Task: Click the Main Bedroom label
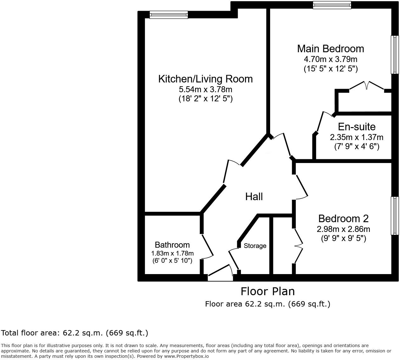pyautogui.click(x=331, y=49)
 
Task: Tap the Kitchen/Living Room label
pyautogui.click(x=205, y=79)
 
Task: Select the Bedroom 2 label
pyautogui.click(x=343, y=218)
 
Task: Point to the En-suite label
pyautogui.click(x=357, y=127)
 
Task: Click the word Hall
pyautogui.click(x=254, y=197)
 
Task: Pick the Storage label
pyautogui.click(x=255, y=246)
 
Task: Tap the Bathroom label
pyautogui.click(x=172, y=245)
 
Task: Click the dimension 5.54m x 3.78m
pyautogui.click(x=205, y=89)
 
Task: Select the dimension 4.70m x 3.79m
pyautogui.click(x=331, y=59)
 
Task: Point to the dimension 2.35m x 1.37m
pyautogui.click(x=357, y=137)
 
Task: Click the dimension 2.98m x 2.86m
pyautogui.click(x=343, y=229)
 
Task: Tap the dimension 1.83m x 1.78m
pyautogui.click(x=172, y=253)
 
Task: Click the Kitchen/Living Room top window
pyautogui.click(x=169, y=14)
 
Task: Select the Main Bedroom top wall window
pyautogui.click(x=332, y=5)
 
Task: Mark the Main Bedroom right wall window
pyautogui.click(x=395, y=55)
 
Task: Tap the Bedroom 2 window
pyautogui.click(x=395, y=216)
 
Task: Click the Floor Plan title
pyautogui.click(x=268, y=291)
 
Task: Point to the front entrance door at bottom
pyautogui.click(x=220, y=274)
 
